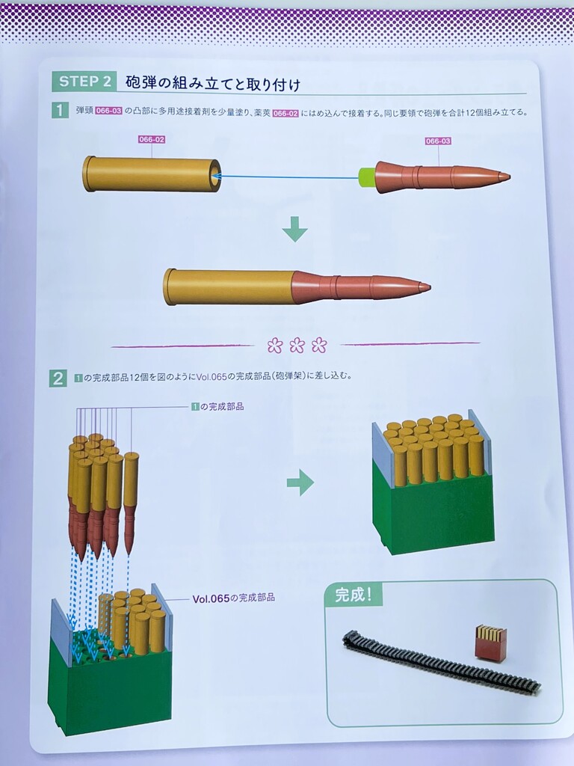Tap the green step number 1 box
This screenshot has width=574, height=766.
(60, 111)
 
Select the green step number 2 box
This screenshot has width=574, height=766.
(58, 379)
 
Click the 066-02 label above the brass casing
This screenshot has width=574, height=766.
(152, 140)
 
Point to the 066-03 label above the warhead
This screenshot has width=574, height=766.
(438, 141)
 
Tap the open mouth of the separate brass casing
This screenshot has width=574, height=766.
(215, 174)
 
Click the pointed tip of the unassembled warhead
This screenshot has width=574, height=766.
(508, 177)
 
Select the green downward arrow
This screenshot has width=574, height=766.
(294, 229)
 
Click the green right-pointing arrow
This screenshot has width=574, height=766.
(300, 483)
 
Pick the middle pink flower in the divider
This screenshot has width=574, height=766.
(297, 346)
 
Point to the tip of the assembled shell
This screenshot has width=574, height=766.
(429, 287)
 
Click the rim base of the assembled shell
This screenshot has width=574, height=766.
(169, 287)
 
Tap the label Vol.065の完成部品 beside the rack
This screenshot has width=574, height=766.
(233, 598)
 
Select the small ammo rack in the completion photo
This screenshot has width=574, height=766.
(490, 643)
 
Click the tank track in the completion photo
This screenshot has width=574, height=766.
(440, 661)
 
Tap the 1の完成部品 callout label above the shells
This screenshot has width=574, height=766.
(217, 406)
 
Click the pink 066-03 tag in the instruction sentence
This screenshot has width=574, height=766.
(108, 111)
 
